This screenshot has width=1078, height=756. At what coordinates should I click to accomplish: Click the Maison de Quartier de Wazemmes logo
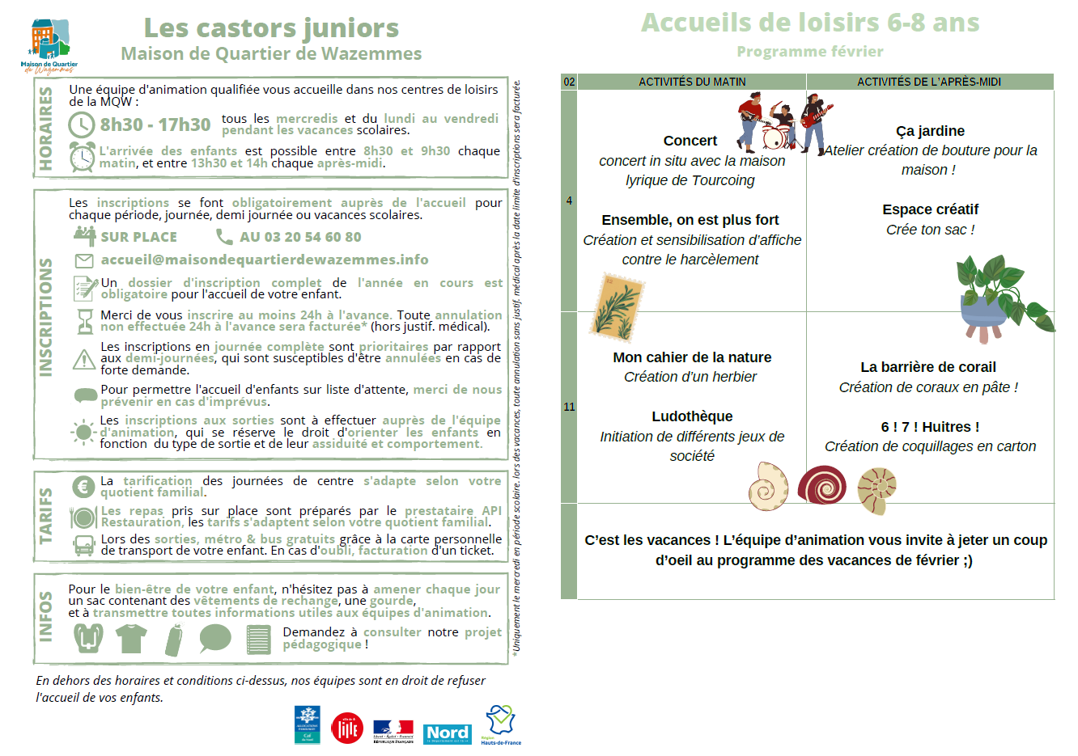[x=49, y=45]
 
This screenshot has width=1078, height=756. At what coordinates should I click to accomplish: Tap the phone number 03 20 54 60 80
[x=300, y=237]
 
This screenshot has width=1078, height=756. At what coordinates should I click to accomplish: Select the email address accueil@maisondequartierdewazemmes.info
[x=265, y=260]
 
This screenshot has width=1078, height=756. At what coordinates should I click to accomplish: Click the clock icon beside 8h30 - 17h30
[x=82, y=125]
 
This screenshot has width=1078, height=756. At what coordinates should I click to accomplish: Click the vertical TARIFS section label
[x=46, y=515]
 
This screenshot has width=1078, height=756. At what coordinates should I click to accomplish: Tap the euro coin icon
[x=83, y=487]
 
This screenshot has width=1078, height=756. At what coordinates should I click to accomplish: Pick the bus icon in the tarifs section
[x=83, y=546]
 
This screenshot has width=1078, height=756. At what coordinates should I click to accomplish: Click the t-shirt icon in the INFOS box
[x=131, y=639]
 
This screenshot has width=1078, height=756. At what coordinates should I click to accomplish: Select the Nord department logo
[x=448, y=733]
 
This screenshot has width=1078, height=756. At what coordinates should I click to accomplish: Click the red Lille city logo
[x=347, y=729]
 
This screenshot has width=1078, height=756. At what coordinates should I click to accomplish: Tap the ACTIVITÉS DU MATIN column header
[x=692, y=82]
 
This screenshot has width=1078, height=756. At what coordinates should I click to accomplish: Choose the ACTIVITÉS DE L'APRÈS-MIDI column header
[x=929, y=82]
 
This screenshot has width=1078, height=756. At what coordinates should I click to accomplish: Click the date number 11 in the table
[x=569, y=407]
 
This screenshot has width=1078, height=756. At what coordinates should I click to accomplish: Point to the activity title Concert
[x=690, y=141]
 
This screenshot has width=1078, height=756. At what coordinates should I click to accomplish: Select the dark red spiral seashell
[x=821, y=486]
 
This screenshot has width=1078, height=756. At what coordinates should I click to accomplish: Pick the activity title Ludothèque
[x=692, y=416]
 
